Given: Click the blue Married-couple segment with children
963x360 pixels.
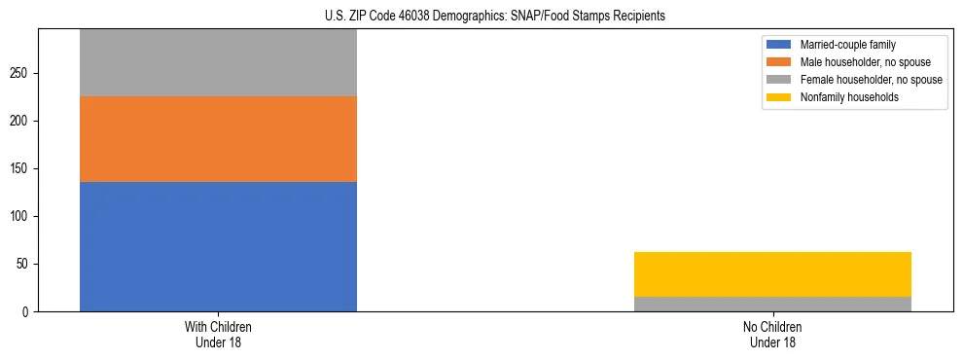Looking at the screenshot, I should [218, 246].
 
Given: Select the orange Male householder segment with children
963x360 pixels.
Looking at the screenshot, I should [218, 139].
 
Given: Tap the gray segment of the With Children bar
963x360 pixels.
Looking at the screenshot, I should [218, 62].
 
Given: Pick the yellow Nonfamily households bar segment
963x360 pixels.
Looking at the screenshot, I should [772, 274].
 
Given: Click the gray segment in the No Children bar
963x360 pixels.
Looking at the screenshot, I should [772, 304].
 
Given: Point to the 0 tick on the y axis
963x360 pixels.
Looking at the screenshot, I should [27, 311].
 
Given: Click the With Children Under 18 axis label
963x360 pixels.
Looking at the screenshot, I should [218, 335].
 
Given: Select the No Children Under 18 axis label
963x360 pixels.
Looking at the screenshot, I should [772, 335].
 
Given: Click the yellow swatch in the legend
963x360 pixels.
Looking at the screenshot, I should [779, 97].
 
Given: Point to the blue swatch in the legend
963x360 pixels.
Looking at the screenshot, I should [779, 45].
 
